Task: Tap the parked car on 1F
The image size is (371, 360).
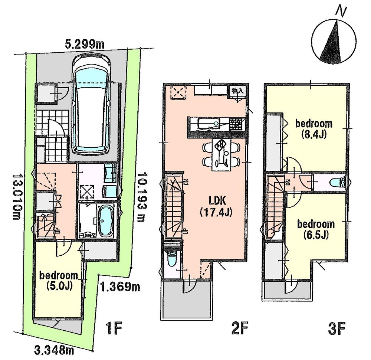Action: click(92, 105)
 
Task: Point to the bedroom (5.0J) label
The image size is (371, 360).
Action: click(59, 281)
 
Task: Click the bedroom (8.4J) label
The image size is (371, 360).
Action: click(314, 129)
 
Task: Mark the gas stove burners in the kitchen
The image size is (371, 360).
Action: click(236, 124)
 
